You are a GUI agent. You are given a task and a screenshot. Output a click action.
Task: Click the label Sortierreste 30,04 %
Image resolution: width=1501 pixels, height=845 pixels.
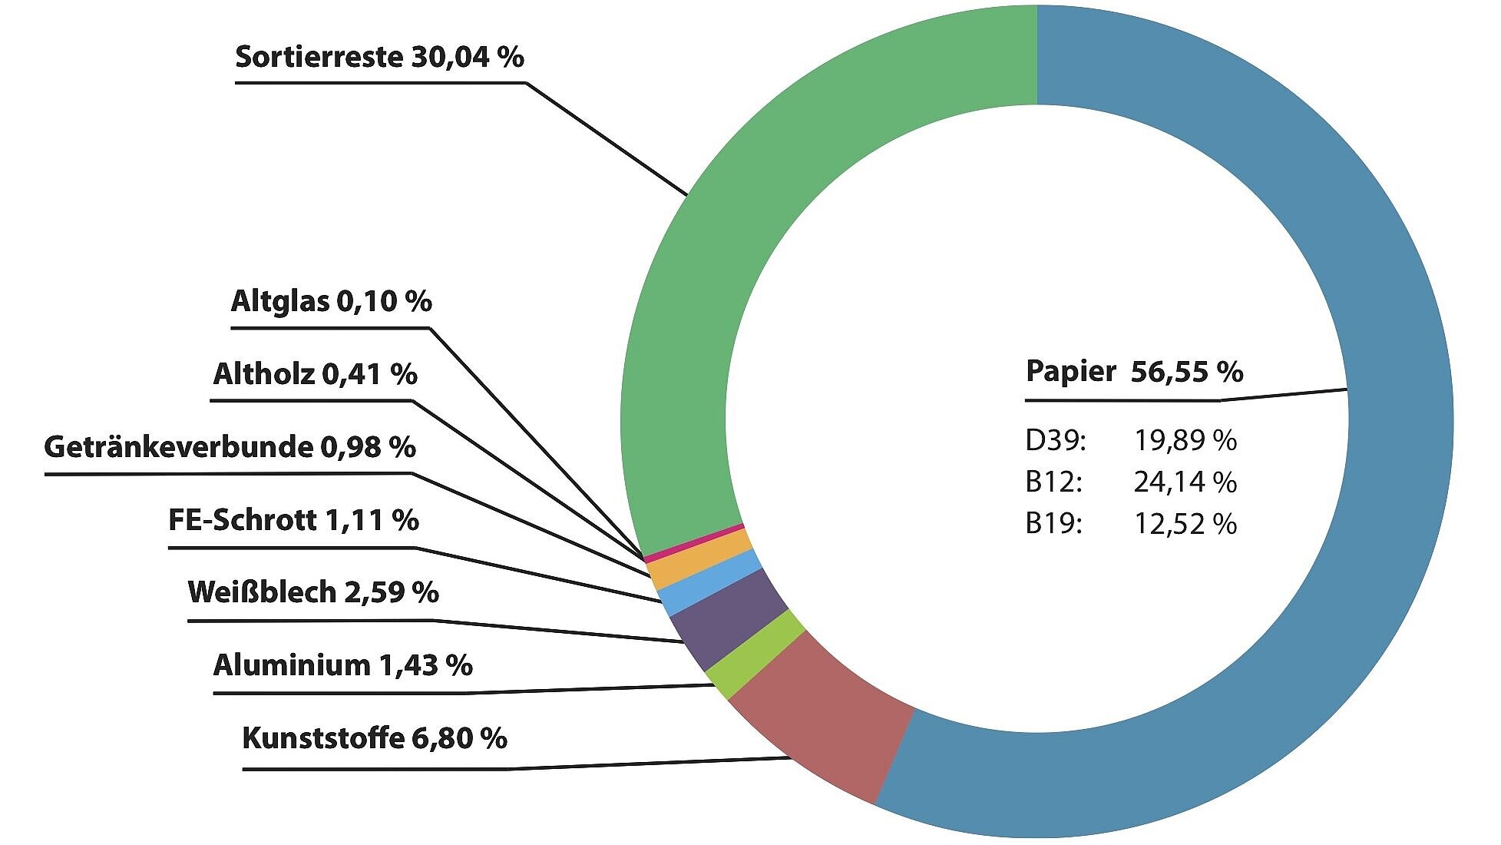click(379, 57)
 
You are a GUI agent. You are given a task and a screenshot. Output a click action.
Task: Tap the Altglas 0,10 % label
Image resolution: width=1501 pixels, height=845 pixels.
click(331, 300)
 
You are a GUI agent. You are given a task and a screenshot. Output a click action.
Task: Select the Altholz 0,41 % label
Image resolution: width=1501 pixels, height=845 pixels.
click(315, 374)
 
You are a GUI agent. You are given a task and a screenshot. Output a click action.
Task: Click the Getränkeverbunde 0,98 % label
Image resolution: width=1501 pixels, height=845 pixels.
click(230, 446)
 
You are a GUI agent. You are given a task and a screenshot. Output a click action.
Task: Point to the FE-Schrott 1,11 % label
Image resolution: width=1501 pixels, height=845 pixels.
click(293, 520)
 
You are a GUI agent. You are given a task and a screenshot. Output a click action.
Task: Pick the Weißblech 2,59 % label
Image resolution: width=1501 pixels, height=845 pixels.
click(313, 592)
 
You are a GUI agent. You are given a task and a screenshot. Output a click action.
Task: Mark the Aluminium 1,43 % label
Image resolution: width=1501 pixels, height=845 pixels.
click(342, 664)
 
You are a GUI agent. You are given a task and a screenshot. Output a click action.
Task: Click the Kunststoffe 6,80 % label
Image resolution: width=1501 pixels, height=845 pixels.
click(375, 738)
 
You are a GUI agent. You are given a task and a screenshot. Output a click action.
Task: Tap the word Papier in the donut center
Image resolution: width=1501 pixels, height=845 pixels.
click(1071, 372)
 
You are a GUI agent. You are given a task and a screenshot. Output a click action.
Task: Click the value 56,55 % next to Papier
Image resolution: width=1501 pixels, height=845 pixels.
click(1187, 372)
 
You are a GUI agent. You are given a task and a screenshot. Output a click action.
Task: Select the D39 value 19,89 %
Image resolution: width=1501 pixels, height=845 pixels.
click(1185, 440)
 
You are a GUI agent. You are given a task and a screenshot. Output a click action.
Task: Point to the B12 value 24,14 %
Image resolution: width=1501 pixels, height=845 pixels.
click(1185, 482)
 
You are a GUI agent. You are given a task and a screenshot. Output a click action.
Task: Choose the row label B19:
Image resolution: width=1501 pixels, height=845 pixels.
click(1054, 524)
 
